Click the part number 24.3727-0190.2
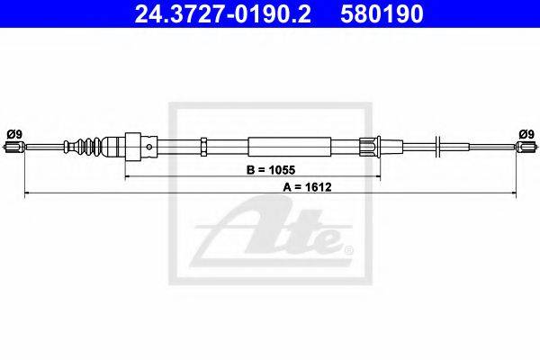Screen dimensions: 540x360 point(223,14)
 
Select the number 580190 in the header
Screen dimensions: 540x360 point(382,14)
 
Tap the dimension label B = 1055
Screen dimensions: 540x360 point(271,170)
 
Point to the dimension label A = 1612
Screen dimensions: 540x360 point(307,187)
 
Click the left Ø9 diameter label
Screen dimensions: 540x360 point(14,133)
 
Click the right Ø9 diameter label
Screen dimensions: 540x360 point(526,133)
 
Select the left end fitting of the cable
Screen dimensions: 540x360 point(13,147)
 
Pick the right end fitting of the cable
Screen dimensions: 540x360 point(526,147)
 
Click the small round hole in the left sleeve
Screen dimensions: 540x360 point(149,147)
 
